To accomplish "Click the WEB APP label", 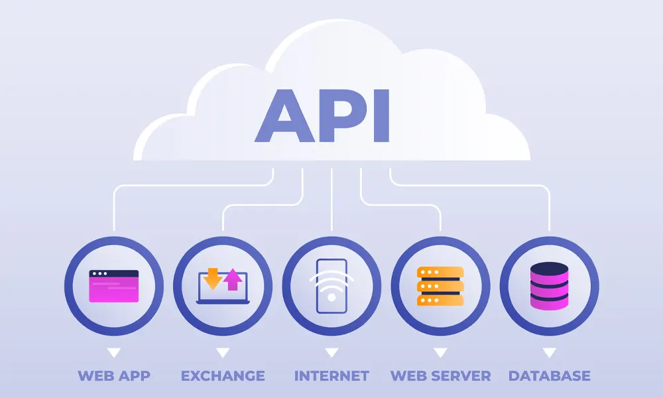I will click(114, 376).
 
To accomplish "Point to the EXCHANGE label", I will click(223, 376).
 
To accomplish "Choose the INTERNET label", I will click(331, 376).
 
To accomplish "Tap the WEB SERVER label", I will click(440, 376).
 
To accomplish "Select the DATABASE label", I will click(549, 376).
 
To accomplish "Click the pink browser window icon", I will click(114, 287).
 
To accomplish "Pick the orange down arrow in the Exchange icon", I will click(212, 279).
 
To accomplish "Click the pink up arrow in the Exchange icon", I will click(232, 280).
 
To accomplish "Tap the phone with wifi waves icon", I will click(331, 285).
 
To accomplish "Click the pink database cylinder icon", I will click(549, 287).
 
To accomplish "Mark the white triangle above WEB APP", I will click(114, 352).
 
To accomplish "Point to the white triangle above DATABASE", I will click(549, 352).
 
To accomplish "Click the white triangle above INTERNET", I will click(331, 352).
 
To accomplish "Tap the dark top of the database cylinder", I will click(549, 269).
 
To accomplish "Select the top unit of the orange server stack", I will click(440, 273).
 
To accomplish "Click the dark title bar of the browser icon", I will click(114, 273).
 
